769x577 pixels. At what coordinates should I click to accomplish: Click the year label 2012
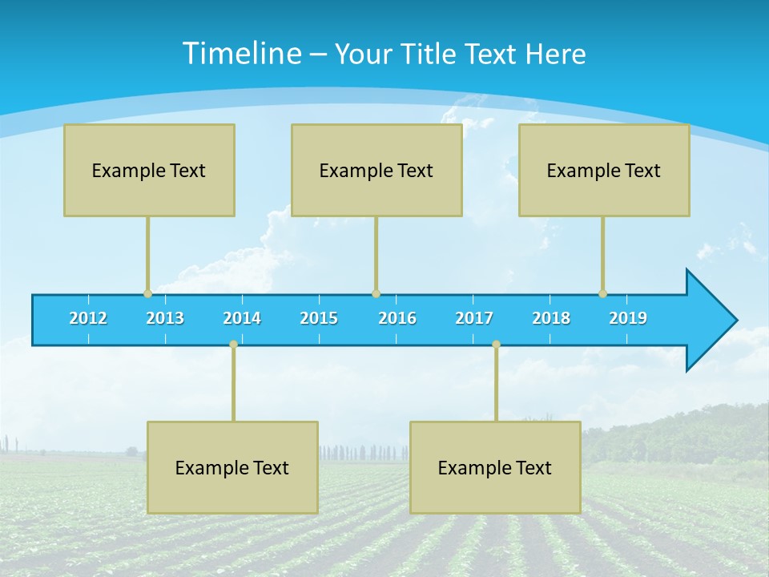coord(88,318)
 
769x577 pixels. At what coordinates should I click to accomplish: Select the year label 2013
coord(165,318)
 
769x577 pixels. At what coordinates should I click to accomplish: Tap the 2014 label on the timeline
coord(242,318)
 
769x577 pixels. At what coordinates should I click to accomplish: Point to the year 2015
coord(319,318)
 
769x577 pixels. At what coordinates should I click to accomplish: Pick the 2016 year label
coord(397,318)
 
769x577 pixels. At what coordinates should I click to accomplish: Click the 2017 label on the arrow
coord(474,318)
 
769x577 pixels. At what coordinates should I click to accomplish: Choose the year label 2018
coord(551,318)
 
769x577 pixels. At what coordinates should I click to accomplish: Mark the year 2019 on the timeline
coord(628,318)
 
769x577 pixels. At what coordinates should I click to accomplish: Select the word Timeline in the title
coord(240,54)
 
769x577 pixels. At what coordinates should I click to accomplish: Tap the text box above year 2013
coord(149,170)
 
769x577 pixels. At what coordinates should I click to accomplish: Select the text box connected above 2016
coord(376,170)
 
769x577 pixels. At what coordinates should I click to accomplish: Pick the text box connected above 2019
coord(604,170)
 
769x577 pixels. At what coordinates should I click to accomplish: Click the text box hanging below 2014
coord(232,467)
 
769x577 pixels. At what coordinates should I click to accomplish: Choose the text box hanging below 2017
coord(495,467)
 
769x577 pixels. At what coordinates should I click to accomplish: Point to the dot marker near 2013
coord(147,293)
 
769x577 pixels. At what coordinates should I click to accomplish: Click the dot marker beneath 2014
coord(233,344)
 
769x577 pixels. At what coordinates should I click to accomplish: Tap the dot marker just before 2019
coord(602,293)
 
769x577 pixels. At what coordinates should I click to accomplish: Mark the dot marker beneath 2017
coord(496,344)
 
